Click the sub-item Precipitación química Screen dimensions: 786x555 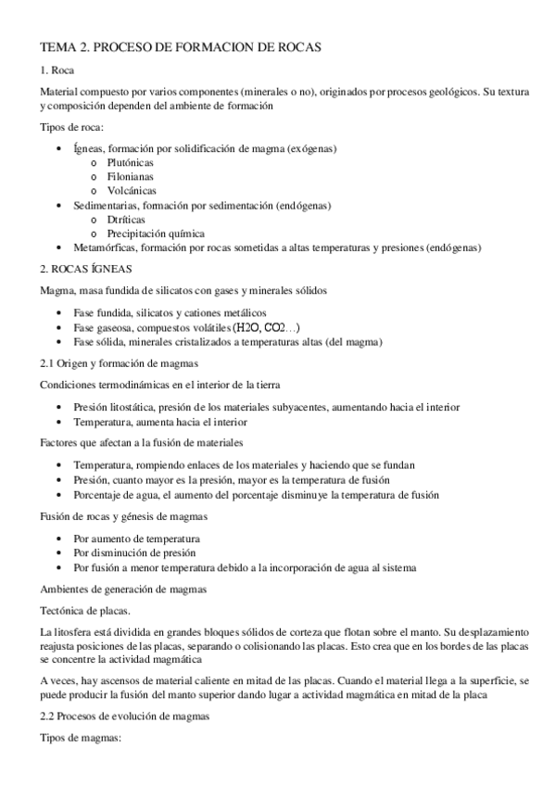155,234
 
